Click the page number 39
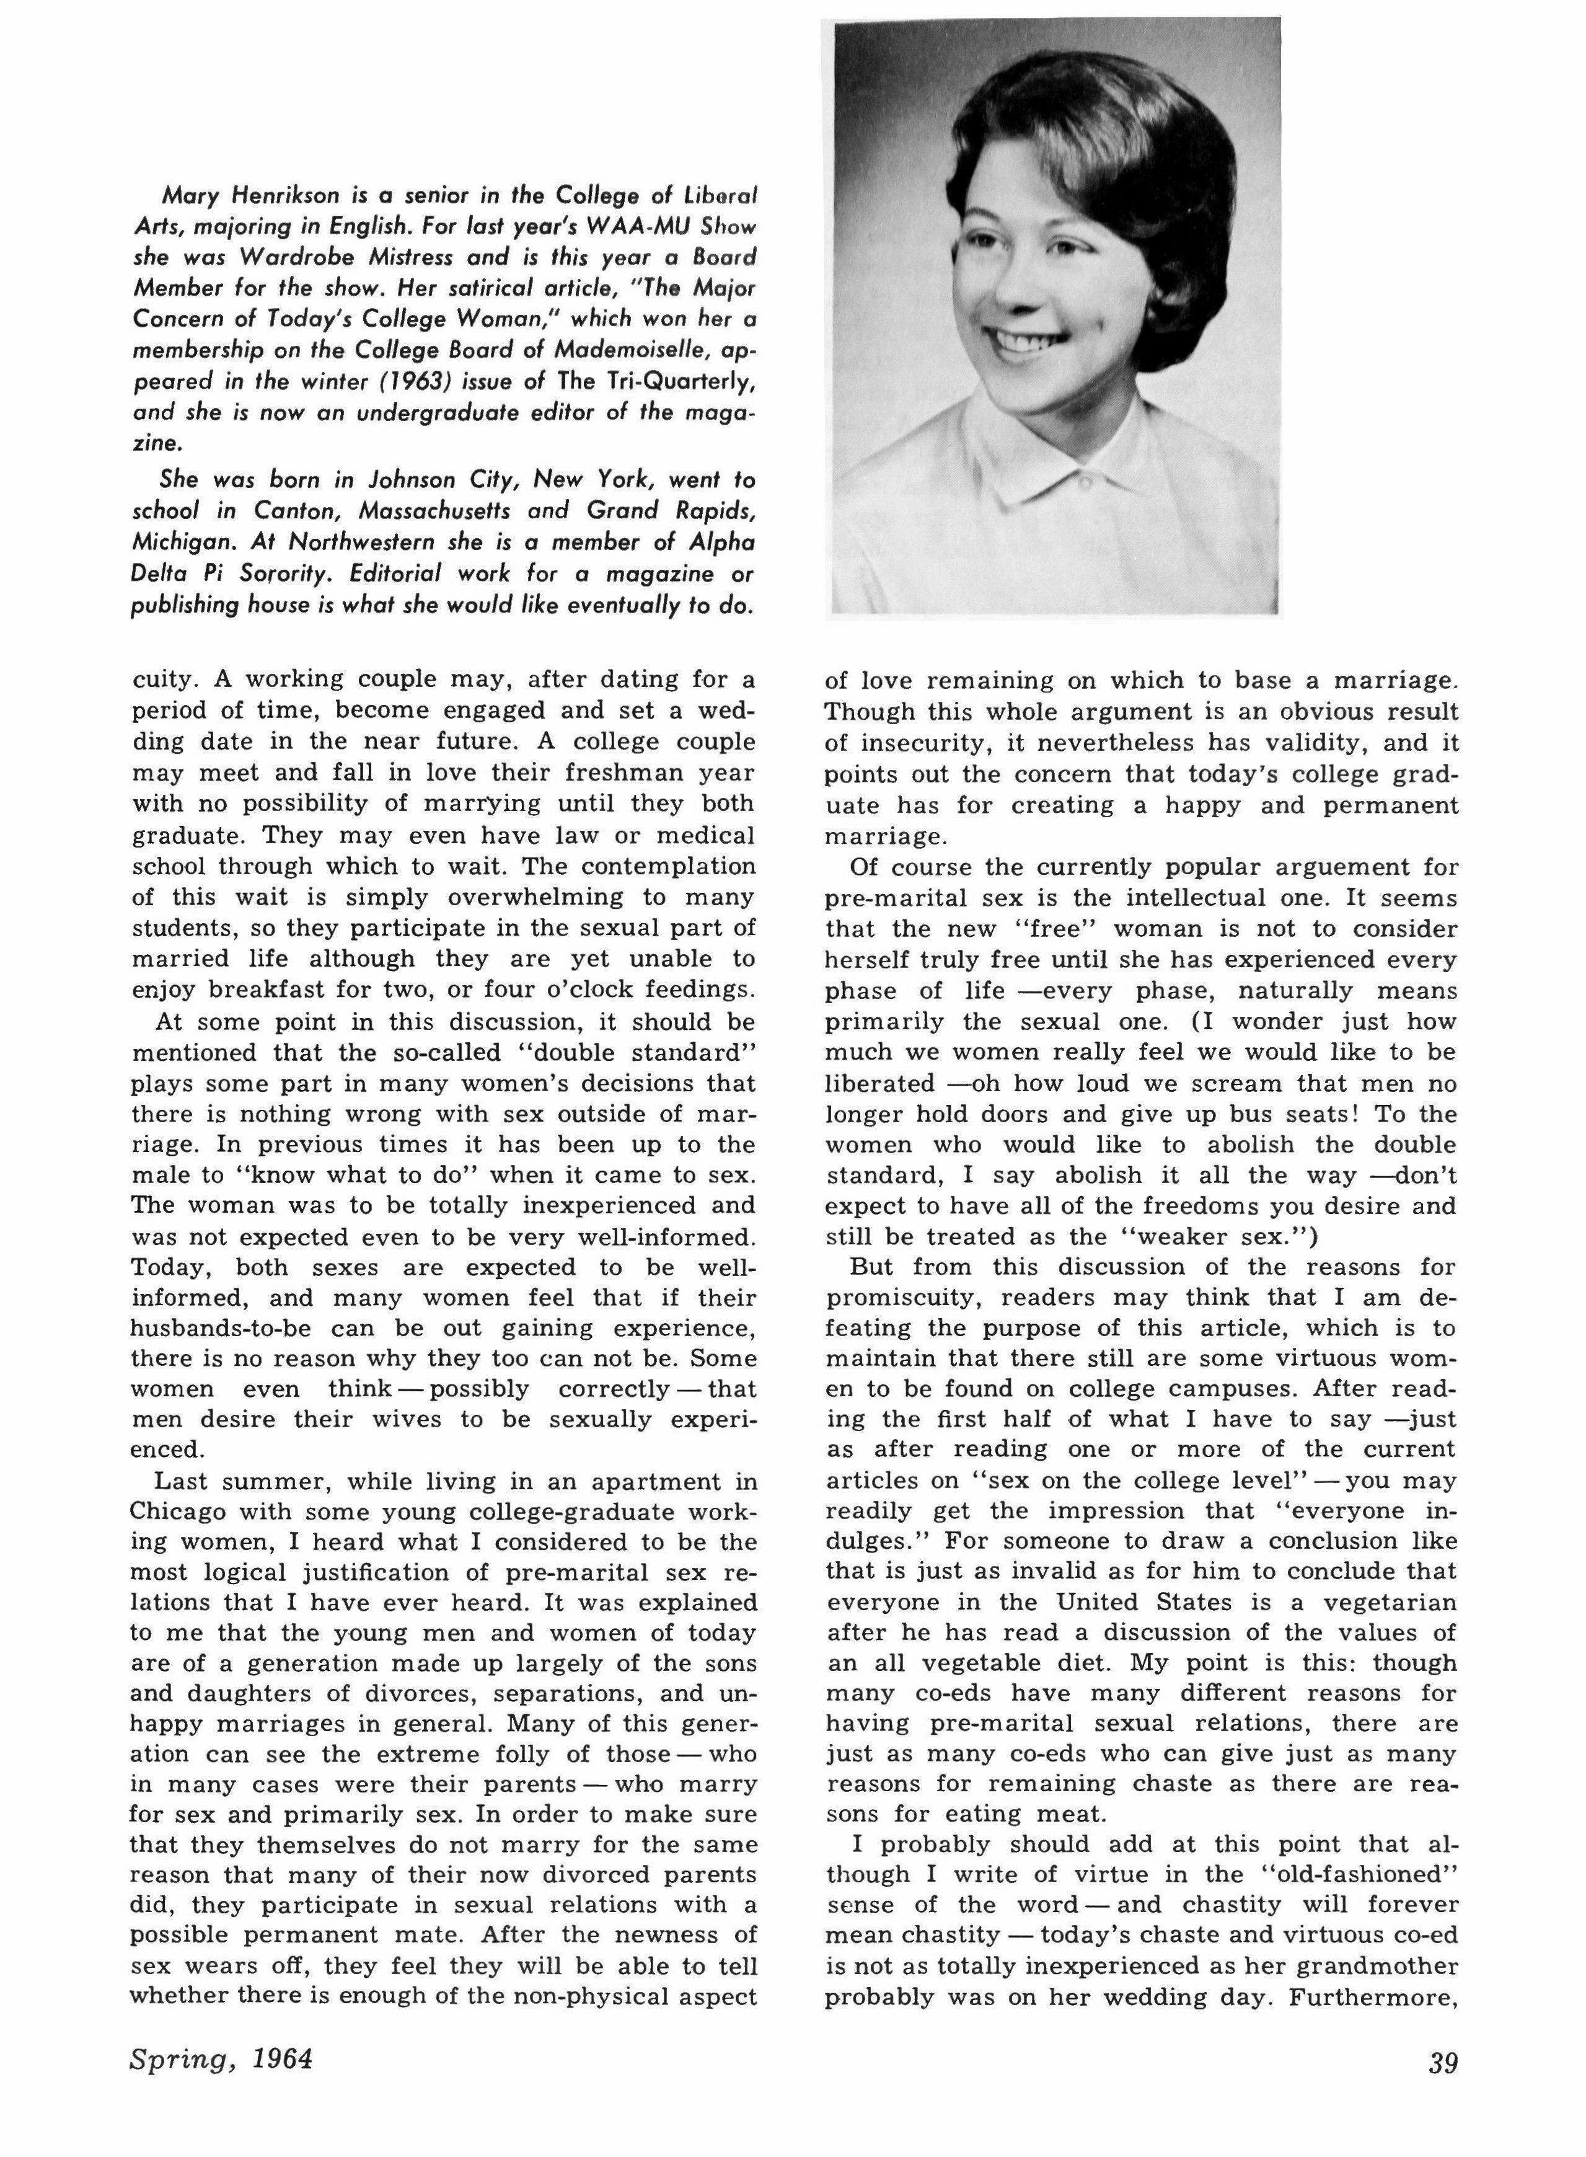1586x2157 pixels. click(1443, 2061)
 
